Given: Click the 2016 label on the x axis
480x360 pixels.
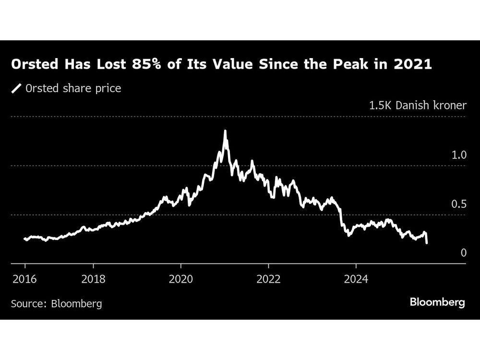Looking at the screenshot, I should tap(24, 279).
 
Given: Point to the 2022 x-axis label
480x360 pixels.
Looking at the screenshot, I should tap(268, 279).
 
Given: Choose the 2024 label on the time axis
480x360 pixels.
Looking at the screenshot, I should tap(356, 279).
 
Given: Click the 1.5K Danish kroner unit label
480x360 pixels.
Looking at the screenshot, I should tap(418, 106).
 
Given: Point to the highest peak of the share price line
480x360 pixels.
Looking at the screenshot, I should tap(225, 131).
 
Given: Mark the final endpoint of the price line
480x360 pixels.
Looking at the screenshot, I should tap(427, 243).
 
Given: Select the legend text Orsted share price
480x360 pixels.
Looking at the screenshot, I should tap(73, 88).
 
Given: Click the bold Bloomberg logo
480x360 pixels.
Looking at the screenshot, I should tap(437, 302).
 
